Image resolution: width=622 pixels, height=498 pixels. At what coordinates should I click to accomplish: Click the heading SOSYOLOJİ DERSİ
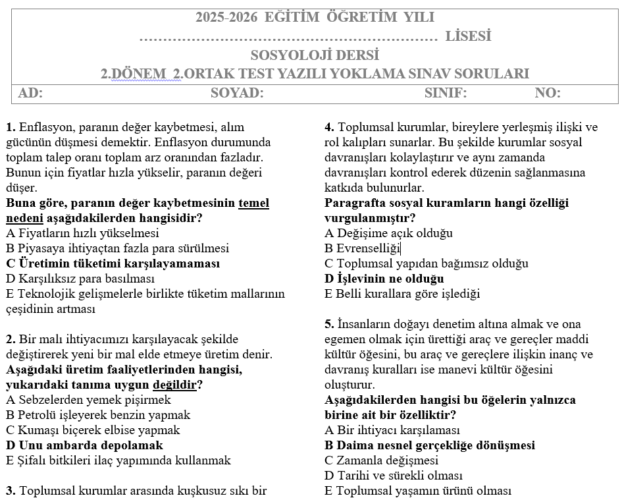point(315,55)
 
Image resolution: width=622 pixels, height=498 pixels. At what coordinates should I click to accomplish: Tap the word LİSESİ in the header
point(468,36)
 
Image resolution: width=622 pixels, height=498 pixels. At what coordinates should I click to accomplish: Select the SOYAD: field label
point(237,94)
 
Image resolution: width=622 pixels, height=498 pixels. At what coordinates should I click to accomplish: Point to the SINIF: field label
point(446,94)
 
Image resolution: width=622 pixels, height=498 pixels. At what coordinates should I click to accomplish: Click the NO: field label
point(548,94)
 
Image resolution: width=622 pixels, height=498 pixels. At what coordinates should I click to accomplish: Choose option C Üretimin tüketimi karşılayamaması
point(113,263)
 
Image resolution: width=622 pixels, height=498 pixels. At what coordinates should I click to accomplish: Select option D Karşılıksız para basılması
point(80,279)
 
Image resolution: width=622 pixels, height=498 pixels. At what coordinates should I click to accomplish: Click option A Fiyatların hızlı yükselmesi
point(82,233)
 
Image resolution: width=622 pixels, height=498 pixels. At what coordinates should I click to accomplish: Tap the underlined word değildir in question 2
point(177,385)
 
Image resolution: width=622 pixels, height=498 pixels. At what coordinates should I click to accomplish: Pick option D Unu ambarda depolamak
point(84,445)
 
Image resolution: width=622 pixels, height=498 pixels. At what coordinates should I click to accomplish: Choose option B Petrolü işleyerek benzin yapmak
point(98,415)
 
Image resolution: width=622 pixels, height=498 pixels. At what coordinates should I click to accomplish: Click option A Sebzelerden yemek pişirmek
point(88,400)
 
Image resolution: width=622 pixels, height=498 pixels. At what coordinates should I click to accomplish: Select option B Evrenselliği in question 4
point(362,248)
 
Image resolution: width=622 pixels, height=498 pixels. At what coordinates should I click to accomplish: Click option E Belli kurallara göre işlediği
point(402,294)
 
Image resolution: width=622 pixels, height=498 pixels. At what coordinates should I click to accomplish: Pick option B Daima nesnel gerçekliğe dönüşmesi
point(429,445)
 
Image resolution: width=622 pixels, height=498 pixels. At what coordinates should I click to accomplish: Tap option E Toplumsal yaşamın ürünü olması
point(417,491)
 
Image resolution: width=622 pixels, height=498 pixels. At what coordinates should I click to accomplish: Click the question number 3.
point(11,491)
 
